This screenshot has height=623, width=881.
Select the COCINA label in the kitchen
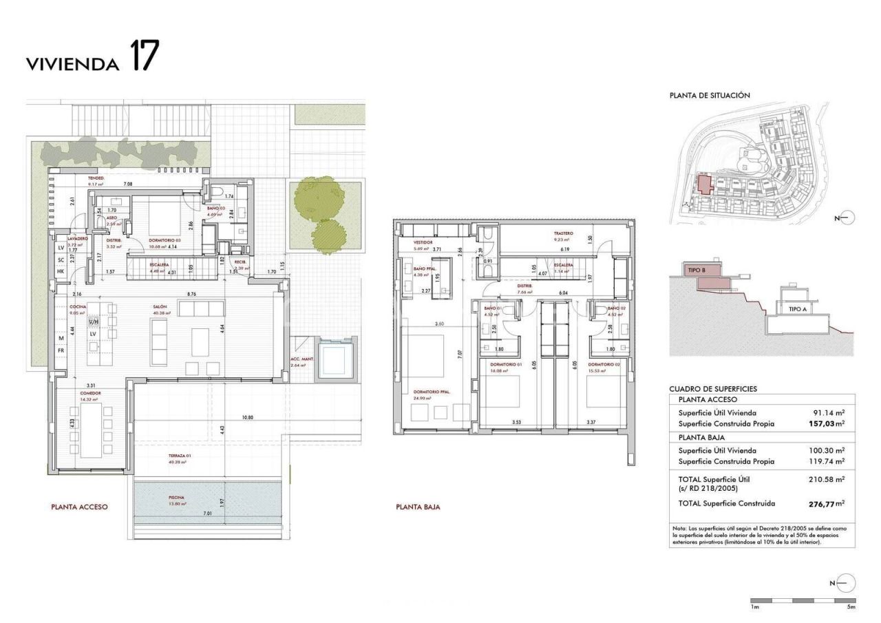(x=78, y=308)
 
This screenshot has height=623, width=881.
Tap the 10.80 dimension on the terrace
(x=248, y=417)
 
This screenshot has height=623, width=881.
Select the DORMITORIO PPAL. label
(x=427, y=392)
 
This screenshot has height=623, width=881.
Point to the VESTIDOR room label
(x=423, y=243)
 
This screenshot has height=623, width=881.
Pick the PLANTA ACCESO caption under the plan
(x=80, y=507)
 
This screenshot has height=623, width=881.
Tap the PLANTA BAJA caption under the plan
(x=418, y=507)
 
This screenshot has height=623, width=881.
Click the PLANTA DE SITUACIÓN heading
(x=710, y=96)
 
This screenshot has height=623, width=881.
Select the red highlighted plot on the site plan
(x=703, y=184)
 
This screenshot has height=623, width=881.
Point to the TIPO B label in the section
(x=697, y=271)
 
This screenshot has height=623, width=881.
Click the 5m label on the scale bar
(x=851, y=607)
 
